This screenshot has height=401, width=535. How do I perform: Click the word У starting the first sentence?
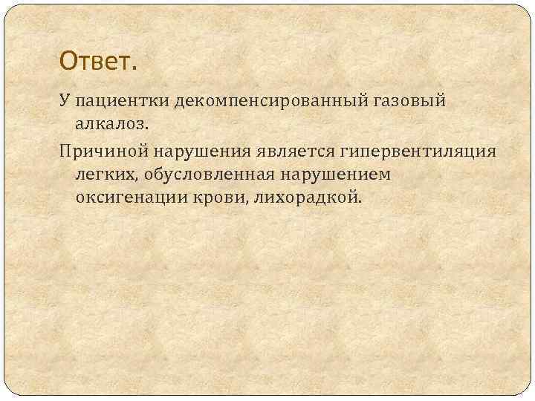point(65,100)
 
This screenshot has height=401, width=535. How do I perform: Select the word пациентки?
point(122,100)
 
